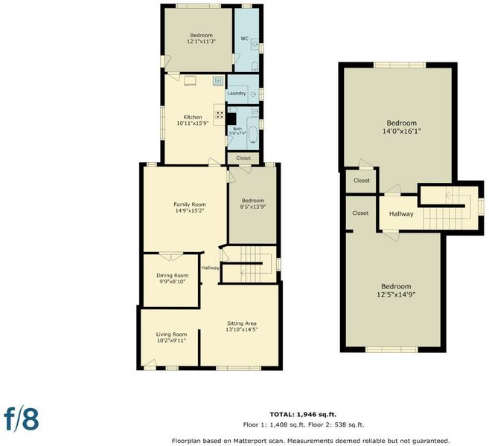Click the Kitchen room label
pyautogui.click(x=193, y=117)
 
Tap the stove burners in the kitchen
pyautogui.click(x=220, y=114)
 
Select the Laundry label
pyautogui.click(x=237, y=94)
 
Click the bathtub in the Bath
pyautogui.click(x=252, y=135)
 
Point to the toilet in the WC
pyautogui.click(x=255, y=67)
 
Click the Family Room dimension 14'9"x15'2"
pyautogui.click(x=190, y=210)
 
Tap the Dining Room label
pyautogui.click(x=173, y=275)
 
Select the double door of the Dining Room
pyautogui.click(x=170, y=256)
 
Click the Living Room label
pyautogui.click(x=171, y=334)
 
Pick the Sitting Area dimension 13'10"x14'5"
pyautogui.click(x=242, y=329)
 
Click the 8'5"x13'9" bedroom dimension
pyautogui.click(x=253, y=207)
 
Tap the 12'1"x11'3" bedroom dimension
pyautogui.click(x=202, y=41)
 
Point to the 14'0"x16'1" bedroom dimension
pyautogui.click(x=402, y=131)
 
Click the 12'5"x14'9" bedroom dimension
pyautogui.click(x=396, y=294)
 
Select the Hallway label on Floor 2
pyautogui.click(x=401, y=214)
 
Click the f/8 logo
pyautogui.click(x=22, y=419)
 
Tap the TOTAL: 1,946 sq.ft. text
pyautogui.click(x=303, y=415)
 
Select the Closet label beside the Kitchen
pyautogui.click(x=243, y=158)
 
